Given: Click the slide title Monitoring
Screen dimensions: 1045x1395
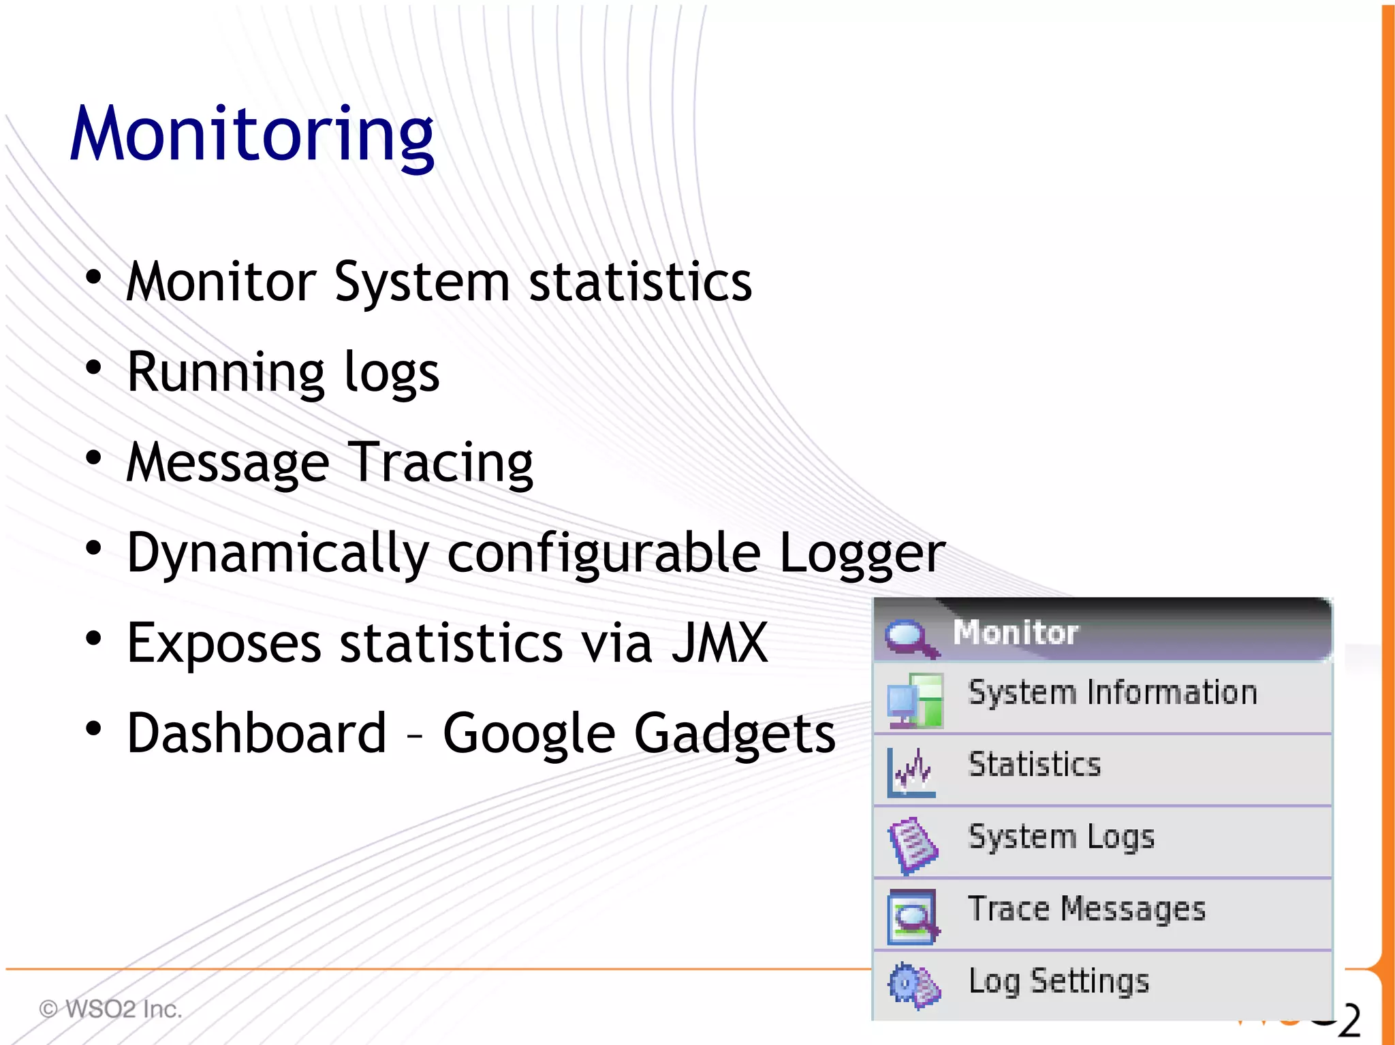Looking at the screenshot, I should pos(252,134).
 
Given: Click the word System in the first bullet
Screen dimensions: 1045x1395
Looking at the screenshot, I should pos(422,283).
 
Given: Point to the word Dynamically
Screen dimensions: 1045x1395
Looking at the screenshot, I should pos(278,553).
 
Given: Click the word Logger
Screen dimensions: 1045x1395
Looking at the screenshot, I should pos(862,552).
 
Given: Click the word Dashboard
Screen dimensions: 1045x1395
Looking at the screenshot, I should pos(257,733).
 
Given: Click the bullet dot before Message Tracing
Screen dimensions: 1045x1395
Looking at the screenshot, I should pos(93,457).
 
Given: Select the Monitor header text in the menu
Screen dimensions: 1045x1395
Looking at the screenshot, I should pos(1015,632).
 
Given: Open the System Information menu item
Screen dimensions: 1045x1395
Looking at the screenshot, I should pos(1112,693).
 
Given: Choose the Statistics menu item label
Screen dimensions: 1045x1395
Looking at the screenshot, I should pos(1034,765).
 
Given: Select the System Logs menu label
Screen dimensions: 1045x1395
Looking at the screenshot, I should pos(1061,837).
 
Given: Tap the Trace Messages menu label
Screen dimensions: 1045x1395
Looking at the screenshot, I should pos(1086,910).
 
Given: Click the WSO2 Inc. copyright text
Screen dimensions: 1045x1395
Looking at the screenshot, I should pos(111,1009).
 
